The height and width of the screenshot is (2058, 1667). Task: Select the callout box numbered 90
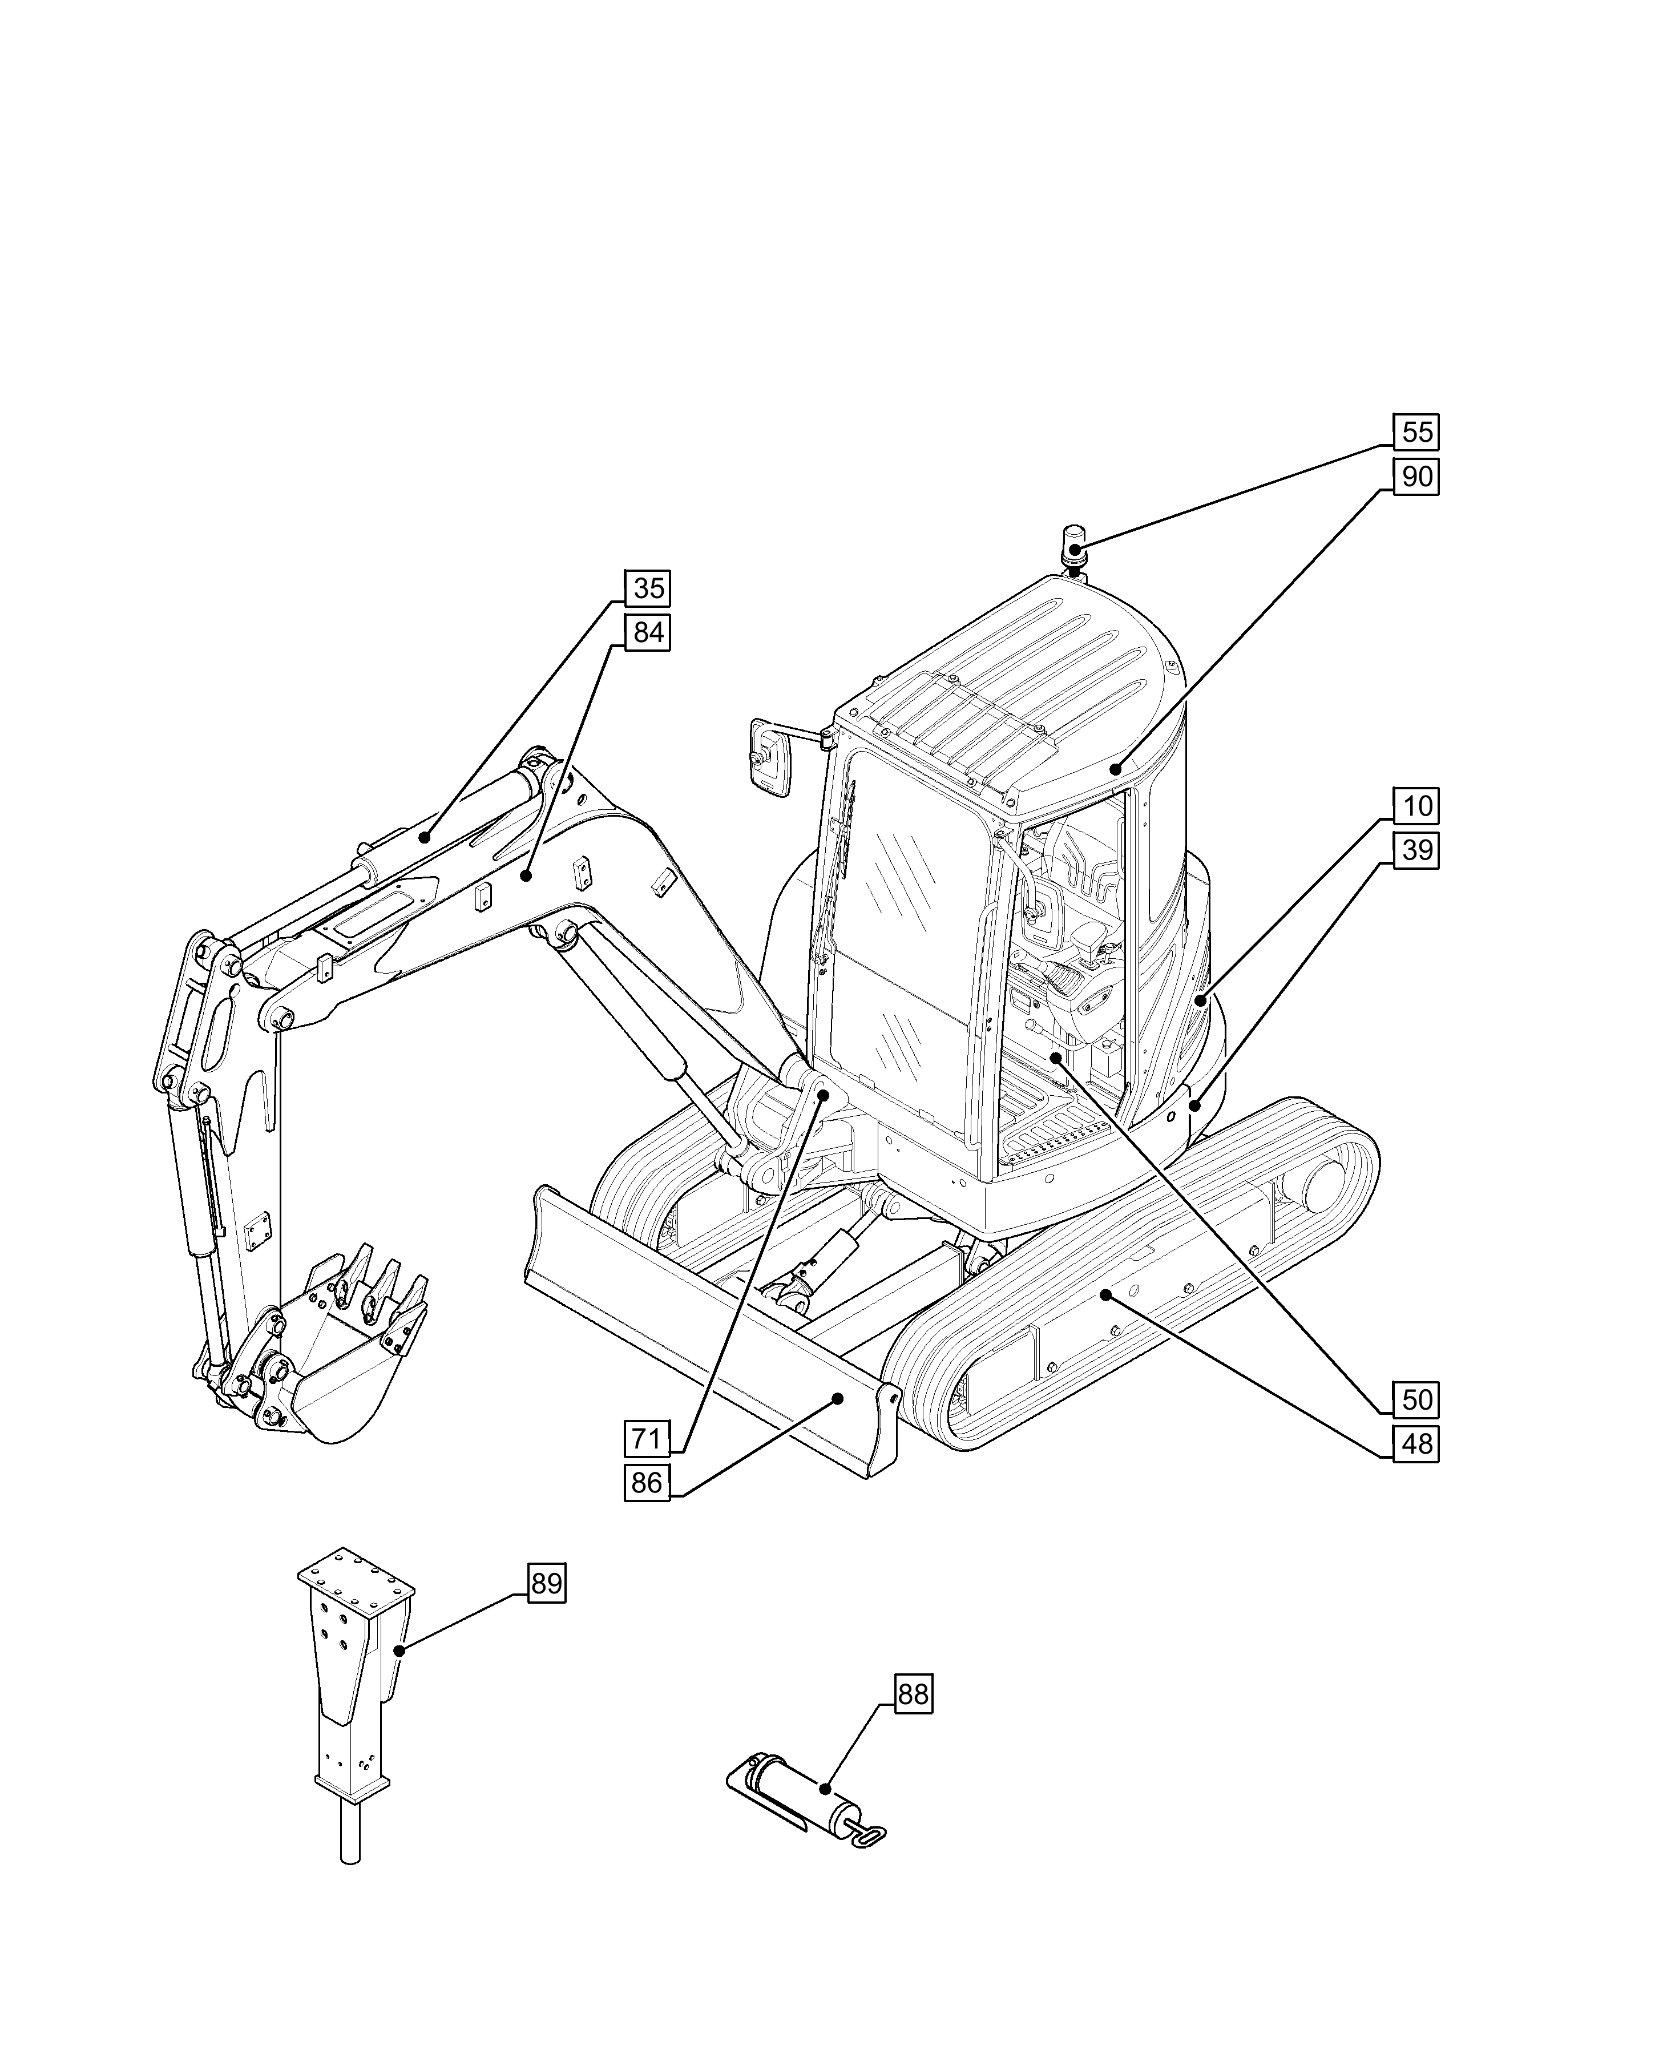pos(1416,477)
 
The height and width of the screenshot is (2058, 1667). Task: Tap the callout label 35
pos(648,588)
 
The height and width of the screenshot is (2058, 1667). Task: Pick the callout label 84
pos(648,633)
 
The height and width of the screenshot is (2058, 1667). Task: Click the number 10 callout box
pos(1416,806)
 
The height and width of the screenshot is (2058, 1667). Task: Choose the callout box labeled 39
pos(1416,850)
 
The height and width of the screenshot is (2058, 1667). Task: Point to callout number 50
pos(1416,1399)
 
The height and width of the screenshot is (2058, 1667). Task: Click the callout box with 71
pos(646,1439)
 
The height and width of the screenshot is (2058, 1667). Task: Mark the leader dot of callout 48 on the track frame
pos(1105,1296)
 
